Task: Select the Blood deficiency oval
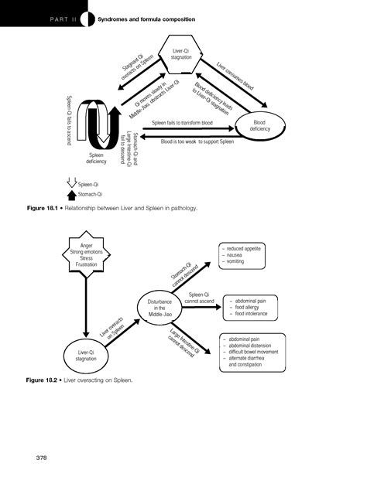pos(259,126)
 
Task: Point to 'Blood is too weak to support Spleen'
pos(197,142)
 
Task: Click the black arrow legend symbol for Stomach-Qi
pos(72,195)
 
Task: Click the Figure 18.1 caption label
pos(47,209)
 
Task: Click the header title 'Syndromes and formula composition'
pos(146,18)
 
